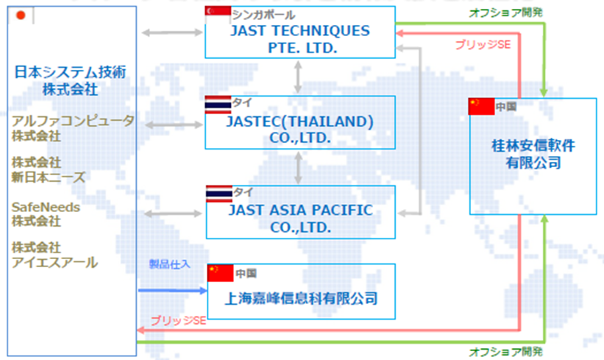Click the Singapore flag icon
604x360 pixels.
[x=218, y=11]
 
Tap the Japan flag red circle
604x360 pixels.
[x=21, y=15]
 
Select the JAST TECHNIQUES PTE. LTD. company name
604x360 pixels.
[x=300, y=39]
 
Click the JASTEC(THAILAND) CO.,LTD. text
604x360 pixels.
[x=299, y=130]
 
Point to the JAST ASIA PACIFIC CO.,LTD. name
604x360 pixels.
[x=300, y=219]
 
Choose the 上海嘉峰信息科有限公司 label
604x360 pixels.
[x=301, y=298]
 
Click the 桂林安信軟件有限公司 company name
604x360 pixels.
[x=533, y=154]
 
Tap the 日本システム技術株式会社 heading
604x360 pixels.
[x=70, y=80]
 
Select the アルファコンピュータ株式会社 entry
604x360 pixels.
[x=73, y=128]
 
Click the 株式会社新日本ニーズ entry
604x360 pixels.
[x=48, y=169]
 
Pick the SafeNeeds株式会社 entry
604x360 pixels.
[x=46, y=214]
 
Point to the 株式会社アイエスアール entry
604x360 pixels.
[x=54, y=255]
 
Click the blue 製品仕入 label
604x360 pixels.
[x=169, y=264]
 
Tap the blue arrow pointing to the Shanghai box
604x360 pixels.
[x=173, y=291]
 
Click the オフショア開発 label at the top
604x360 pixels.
[x=505, y=13]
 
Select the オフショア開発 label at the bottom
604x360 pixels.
[x=505, y=351]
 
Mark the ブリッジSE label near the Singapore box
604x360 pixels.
[x=483, y=45]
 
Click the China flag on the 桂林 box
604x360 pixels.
[x=481, y=107]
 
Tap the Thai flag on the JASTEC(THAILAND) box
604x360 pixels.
[x=218, y=105]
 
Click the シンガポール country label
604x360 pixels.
[x=263, y=15]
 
